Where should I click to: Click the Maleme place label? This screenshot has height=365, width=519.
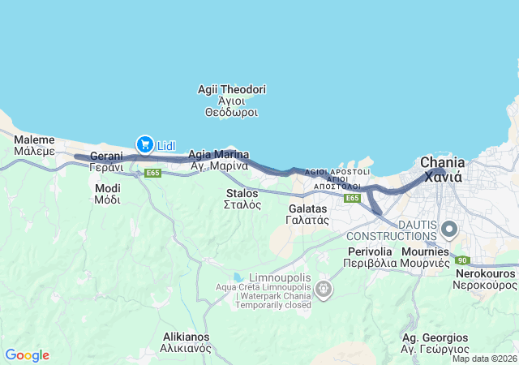tap(34, 145)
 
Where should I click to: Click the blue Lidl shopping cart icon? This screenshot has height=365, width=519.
tap(146, 144)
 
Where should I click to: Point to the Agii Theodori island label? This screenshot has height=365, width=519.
tap(232, 101)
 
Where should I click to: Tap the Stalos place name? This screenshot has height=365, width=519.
tap(242, 199)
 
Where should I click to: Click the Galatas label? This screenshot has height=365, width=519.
tap(308, 214)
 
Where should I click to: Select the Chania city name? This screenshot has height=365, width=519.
tap(441, 169)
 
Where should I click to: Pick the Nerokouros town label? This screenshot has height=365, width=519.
tap(484, 279)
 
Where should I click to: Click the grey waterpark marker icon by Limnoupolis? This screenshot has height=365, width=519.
tap(324, 289)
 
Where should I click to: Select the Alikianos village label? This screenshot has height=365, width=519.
tap(186, 341)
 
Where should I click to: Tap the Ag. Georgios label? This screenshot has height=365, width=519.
tap(435, 342)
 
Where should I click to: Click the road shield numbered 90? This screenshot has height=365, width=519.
tap(461, 260)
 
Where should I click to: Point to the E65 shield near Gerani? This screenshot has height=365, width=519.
tap(153, 173)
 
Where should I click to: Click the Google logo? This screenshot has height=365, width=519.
tap(27, 355)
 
